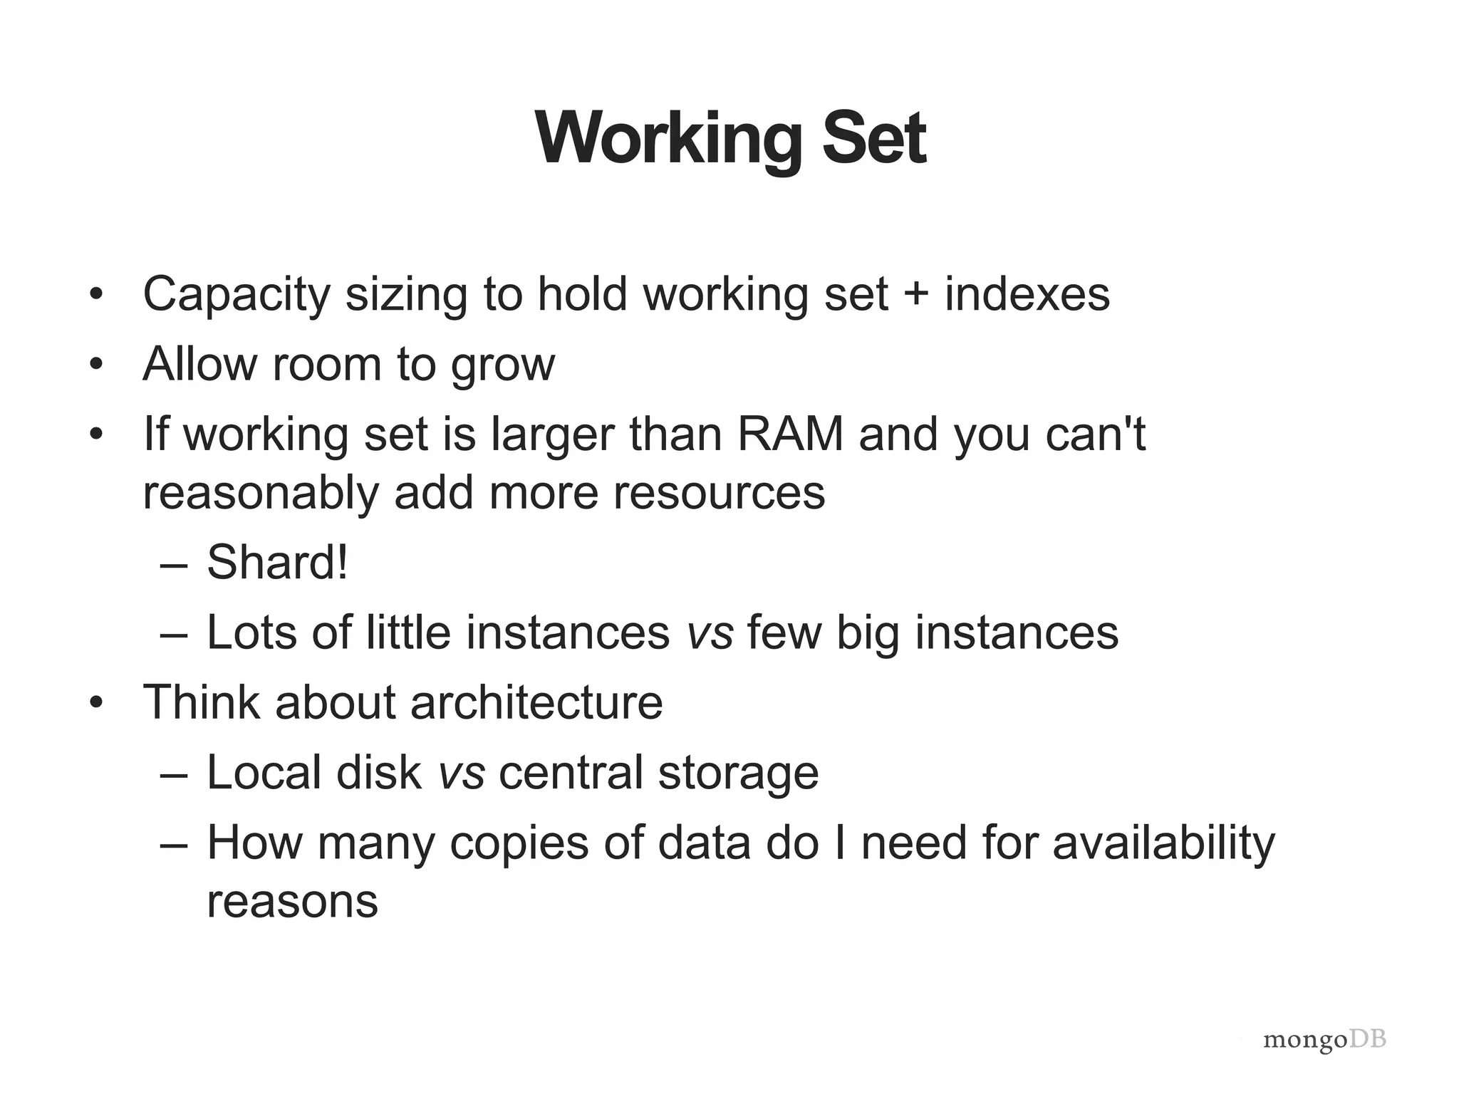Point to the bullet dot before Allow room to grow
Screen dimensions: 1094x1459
[x=97, y=365]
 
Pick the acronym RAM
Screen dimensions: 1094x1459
[x=790, y=434]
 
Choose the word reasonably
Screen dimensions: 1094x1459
[x=261, y=493]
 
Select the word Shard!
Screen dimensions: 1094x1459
[x=277, y=562]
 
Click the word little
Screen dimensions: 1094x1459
[x=408, y=632]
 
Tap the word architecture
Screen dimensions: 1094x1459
[x=536, y=702]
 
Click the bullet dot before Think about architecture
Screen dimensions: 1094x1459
[x=97, y=703]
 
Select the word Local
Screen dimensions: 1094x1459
[x=264, y=772]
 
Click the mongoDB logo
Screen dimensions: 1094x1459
[x=1324, y=1041]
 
